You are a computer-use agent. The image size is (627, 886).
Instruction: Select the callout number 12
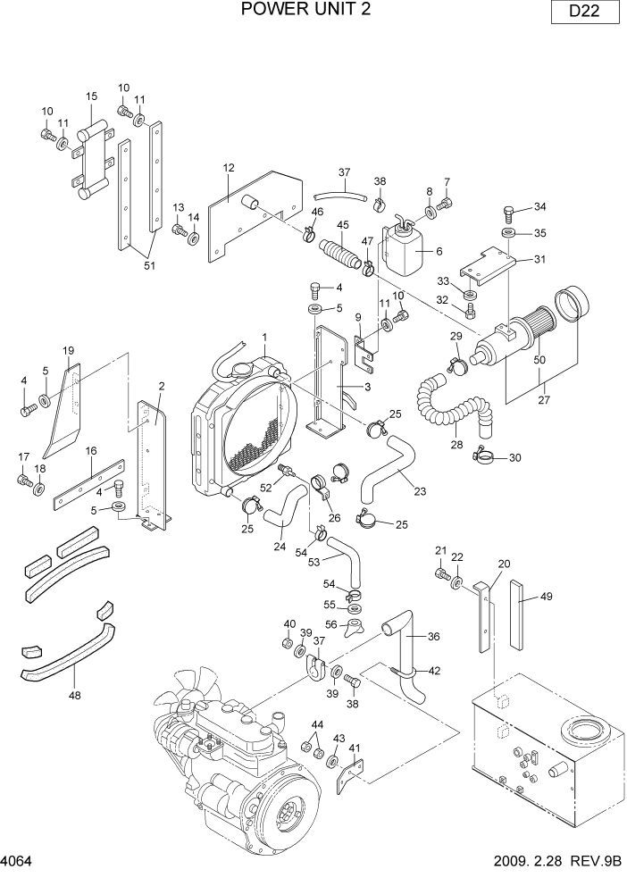228,168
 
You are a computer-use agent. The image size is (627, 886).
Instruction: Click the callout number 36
434,637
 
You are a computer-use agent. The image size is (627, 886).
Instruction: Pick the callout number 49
547,598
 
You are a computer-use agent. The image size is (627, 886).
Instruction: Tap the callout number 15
91,96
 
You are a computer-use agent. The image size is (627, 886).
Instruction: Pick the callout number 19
67,350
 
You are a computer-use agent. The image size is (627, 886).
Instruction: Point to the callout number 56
330,625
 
